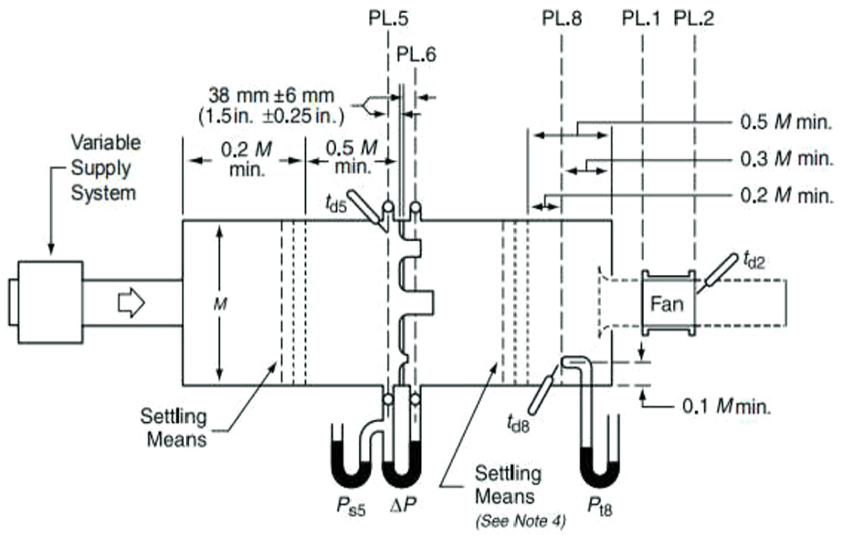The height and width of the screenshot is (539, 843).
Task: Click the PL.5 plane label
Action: [388, 18]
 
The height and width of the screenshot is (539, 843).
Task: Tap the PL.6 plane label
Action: [416, 54]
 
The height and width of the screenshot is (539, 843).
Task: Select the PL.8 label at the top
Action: [562, 18]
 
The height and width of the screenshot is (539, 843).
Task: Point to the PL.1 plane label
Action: [641, 18]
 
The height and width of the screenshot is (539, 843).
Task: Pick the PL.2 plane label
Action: [694, 18]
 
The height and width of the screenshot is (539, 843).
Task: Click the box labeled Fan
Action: [668, 303]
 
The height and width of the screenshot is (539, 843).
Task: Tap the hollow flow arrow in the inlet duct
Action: [132, 303]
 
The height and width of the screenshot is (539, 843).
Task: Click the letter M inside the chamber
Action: [220, 304]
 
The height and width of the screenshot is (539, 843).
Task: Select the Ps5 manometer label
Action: [351, 506]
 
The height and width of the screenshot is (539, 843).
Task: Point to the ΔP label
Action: [403, 504]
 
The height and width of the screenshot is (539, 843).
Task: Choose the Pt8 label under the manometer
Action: [599, 506]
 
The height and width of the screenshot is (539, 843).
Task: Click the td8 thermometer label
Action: [518, 425]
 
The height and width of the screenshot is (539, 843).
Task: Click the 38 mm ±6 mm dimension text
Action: [271, 96]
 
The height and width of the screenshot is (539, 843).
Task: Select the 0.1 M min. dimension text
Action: [727, 407]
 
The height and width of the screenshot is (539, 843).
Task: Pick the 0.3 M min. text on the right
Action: [787, 159]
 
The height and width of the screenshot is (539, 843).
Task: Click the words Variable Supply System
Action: [105, 168]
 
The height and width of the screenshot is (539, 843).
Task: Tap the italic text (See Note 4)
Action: [521, 521]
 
